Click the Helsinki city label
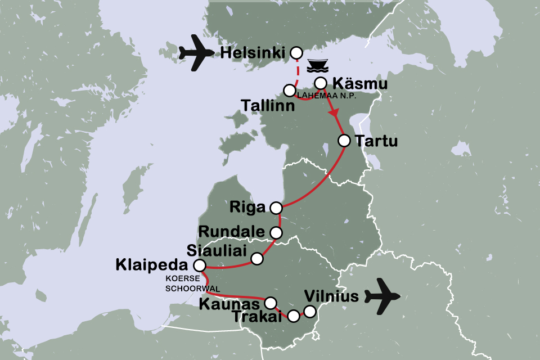pyautogui.click(x=253, y=53)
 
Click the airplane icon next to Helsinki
pyautogui.click(x=196, y=53)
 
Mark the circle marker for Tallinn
pyautogui.click(x=290, y=90)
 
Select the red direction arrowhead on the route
pyautogui.click(x=335, y=114)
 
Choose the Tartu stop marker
pyautogui.click(x=344, y=141)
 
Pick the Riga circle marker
pyautogui.click(x=276, y=208)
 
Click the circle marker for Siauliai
pyautogui.click(x=257, y=259)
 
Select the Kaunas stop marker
pyautogui.click(x=271, y=302)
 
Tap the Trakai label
pyautogui.click(x=264, y=317)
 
